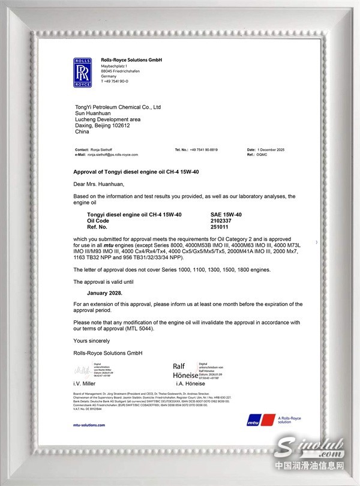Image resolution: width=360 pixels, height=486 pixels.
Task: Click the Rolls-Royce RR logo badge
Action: pyautogui.click(x=82, y=73)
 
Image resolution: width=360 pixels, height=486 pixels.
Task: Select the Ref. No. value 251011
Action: pyautogui.click(x=221, y=226)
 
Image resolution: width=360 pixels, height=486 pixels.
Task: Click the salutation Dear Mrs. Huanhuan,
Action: pyautogui.click(x=98, y=184)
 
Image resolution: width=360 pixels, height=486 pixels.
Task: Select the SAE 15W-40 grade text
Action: pyautogui.click(x=226, y=215)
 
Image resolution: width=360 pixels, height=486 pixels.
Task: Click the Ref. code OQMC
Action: pyautogui.click(x=261, y=154)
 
